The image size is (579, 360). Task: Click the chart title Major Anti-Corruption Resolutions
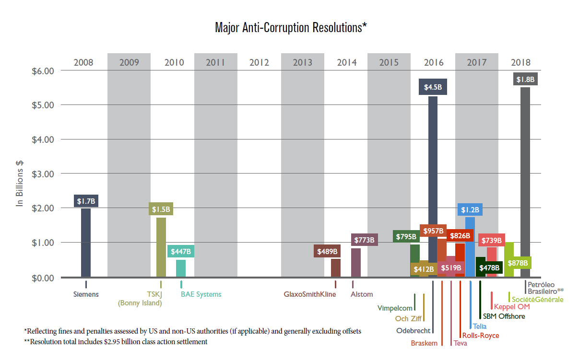(x=291, y=27)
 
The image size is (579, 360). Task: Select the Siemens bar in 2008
(x=86, y=242)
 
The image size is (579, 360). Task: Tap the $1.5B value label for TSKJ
(x=161, y=209)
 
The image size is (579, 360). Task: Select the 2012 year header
(x=259, y=62)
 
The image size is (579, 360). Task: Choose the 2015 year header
(x=389, y=62)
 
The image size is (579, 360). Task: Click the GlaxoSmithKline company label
(x=309, y=294)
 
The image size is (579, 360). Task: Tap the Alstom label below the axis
(x=362, y=294)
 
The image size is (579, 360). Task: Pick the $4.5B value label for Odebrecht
(x=433, y=88)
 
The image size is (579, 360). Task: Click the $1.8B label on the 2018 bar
(x=525, y=79)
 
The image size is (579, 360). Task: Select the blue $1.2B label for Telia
(x=470, y=210)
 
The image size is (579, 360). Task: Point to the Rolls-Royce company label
(x=480, y=336)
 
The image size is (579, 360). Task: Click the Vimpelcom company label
(x=395, y=308)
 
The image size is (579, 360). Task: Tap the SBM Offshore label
(x=504, y=316)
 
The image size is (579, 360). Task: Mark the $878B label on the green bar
(x=518, y=263)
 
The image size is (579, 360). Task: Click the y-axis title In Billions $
(x=20, y=182)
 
